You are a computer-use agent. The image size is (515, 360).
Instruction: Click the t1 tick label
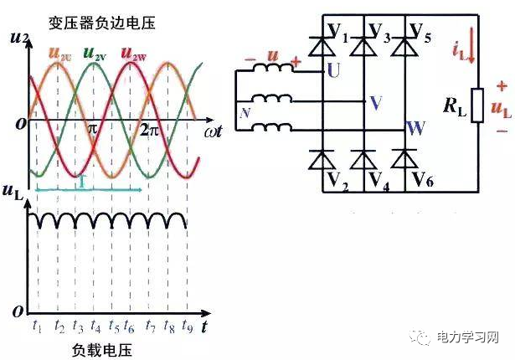point(38,326)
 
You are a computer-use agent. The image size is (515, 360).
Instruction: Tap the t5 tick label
point(114,326)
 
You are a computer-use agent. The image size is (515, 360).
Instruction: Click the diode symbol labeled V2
point(317,157)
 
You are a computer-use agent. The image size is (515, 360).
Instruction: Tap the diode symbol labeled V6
point(404,157)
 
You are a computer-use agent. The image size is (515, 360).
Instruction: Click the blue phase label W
point(415,129)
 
